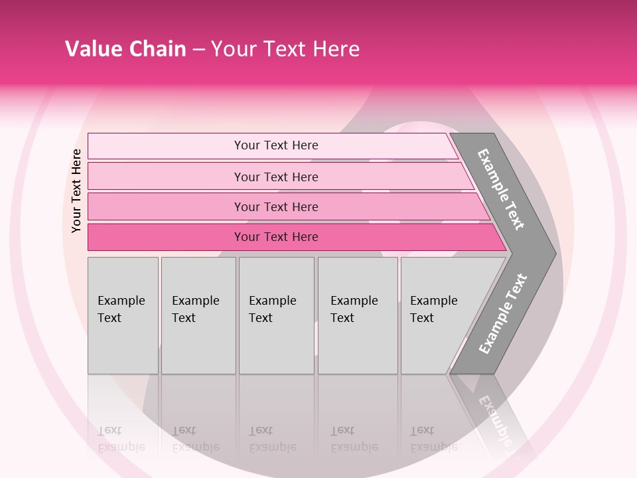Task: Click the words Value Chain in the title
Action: (125, 49)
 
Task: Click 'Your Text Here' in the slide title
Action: (285, 49)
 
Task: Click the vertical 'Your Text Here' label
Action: (76, 191)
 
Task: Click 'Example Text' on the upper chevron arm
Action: (501, 189)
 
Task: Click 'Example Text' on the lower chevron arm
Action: (503, 314)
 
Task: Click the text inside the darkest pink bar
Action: (276, 237)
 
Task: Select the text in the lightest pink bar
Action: (276, 145)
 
